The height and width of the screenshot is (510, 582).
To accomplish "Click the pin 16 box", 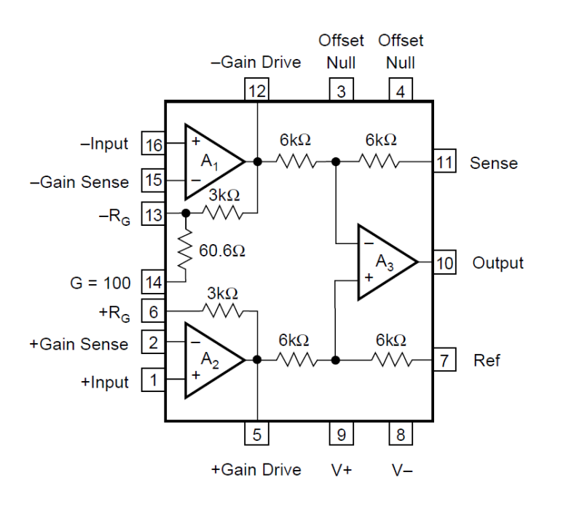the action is (153, 143).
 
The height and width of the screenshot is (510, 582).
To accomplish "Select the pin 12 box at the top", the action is (257, 90).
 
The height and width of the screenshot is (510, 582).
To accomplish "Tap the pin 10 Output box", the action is (444, 262).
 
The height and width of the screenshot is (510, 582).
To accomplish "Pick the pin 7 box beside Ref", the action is (444, 360).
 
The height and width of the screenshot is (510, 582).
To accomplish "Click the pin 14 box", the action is (153, 282).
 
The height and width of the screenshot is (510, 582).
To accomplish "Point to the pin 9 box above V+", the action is (341, 433).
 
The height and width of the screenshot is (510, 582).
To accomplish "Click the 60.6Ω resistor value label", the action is (222, 251).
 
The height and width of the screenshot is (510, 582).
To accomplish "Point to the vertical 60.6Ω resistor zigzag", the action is (186, 250).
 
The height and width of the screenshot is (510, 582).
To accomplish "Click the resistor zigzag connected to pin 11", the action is (379, 162).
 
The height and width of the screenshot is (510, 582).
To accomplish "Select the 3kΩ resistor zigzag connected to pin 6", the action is (223, 310).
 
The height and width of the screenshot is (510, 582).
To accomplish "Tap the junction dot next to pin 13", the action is (186, 213).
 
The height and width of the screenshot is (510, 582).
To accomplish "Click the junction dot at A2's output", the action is (257, 360).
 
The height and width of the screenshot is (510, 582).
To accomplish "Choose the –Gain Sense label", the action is (79, 182).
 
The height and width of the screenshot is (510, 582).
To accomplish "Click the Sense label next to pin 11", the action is (494, 163).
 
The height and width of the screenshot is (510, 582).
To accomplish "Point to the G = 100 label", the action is (101, 283).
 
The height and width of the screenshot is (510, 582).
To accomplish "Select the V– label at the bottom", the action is (402, 470).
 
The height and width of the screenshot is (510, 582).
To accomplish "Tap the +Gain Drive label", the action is (256, 469).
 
